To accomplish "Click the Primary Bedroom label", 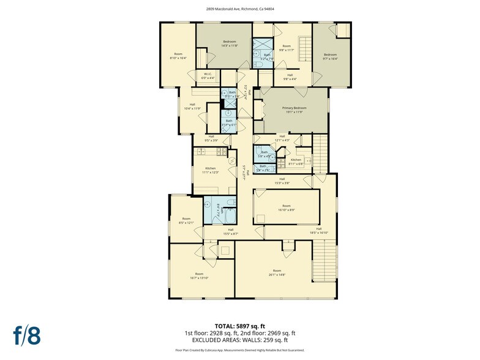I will [x=294, y=109].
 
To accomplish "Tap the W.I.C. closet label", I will [x=208, y=76].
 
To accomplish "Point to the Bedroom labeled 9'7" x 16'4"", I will [x=331, y=56].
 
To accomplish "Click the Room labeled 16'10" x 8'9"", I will [x=286, y=208].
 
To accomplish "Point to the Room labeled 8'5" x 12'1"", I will [x=186, y=220].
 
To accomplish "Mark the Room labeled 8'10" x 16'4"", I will [x=178, y=55].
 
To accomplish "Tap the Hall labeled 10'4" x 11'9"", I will [x=192, y=107].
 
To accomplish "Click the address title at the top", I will [x=240, y=9].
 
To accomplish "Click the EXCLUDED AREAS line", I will [x=240, y=340].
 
